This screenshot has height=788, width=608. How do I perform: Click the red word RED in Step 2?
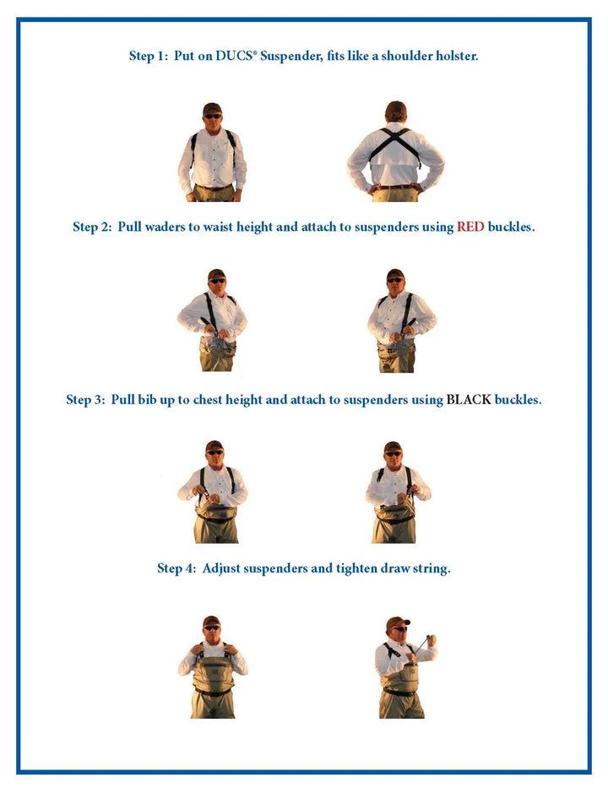click(470, 227)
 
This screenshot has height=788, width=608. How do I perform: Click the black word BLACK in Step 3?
click(469, 400)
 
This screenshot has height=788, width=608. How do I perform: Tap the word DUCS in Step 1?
click(233, 56)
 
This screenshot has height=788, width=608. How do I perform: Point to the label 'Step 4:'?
click(176, 568)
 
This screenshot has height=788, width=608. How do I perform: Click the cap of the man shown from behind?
click(396, 109)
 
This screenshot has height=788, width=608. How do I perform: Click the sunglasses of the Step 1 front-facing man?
click(212, 116)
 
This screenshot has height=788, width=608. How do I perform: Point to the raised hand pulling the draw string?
click(431, 641)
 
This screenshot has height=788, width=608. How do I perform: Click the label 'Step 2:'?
click(92, 227)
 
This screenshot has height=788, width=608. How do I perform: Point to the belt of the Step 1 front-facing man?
click(214, 188)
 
